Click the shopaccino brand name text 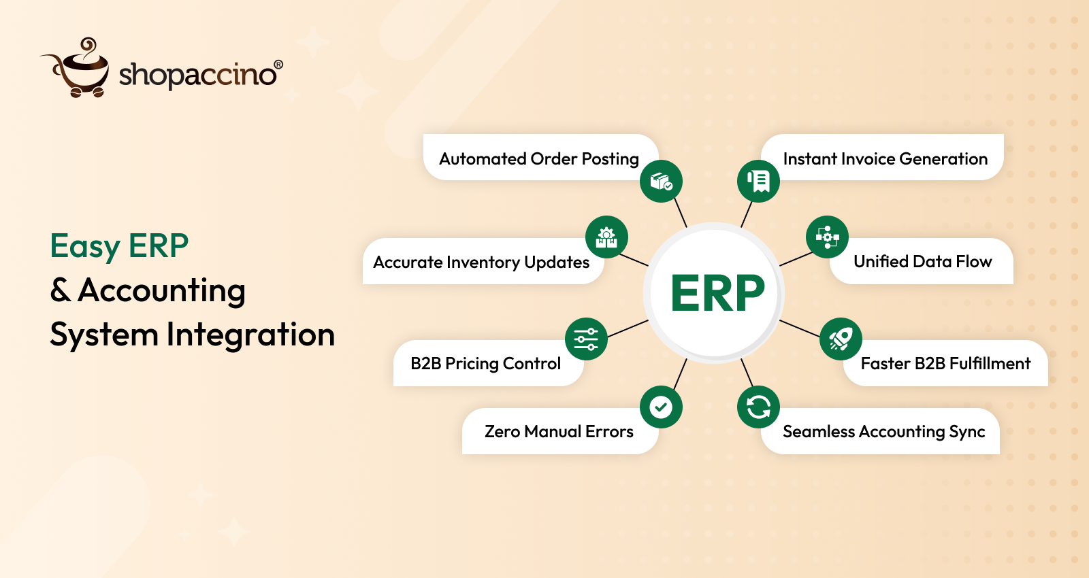point(197,75)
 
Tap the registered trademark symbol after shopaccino point(278,65)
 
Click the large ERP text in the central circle point(717,294)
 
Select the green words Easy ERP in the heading point(119,246)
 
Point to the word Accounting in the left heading point(161,291)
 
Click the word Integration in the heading point(250,335)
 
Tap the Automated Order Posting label point(538,159)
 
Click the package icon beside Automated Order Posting point(661,181)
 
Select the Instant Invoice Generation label point(885,159)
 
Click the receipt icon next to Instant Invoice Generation point(758,181)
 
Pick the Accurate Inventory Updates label point(481,262)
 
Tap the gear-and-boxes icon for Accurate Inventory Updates point(606,237)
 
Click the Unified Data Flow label point(922,262)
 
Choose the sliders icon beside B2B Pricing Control point(586,339)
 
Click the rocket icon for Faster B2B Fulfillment point(841,339)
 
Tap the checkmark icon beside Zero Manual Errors point(661,407)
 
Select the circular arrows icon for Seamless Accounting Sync point(758,407)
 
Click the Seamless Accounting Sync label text point(883,432)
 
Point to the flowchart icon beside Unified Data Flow point(827,237)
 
